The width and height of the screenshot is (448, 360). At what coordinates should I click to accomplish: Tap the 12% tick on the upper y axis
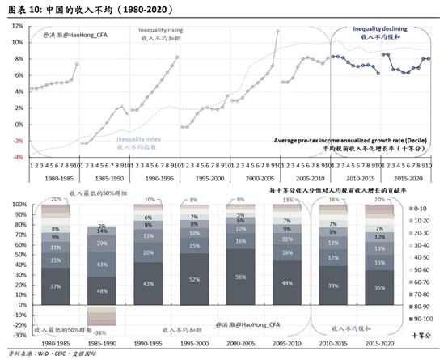15,26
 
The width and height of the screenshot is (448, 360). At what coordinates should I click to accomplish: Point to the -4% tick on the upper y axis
16,157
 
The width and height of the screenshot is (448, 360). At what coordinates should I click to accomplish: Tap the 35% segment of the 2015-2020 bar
378,286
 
